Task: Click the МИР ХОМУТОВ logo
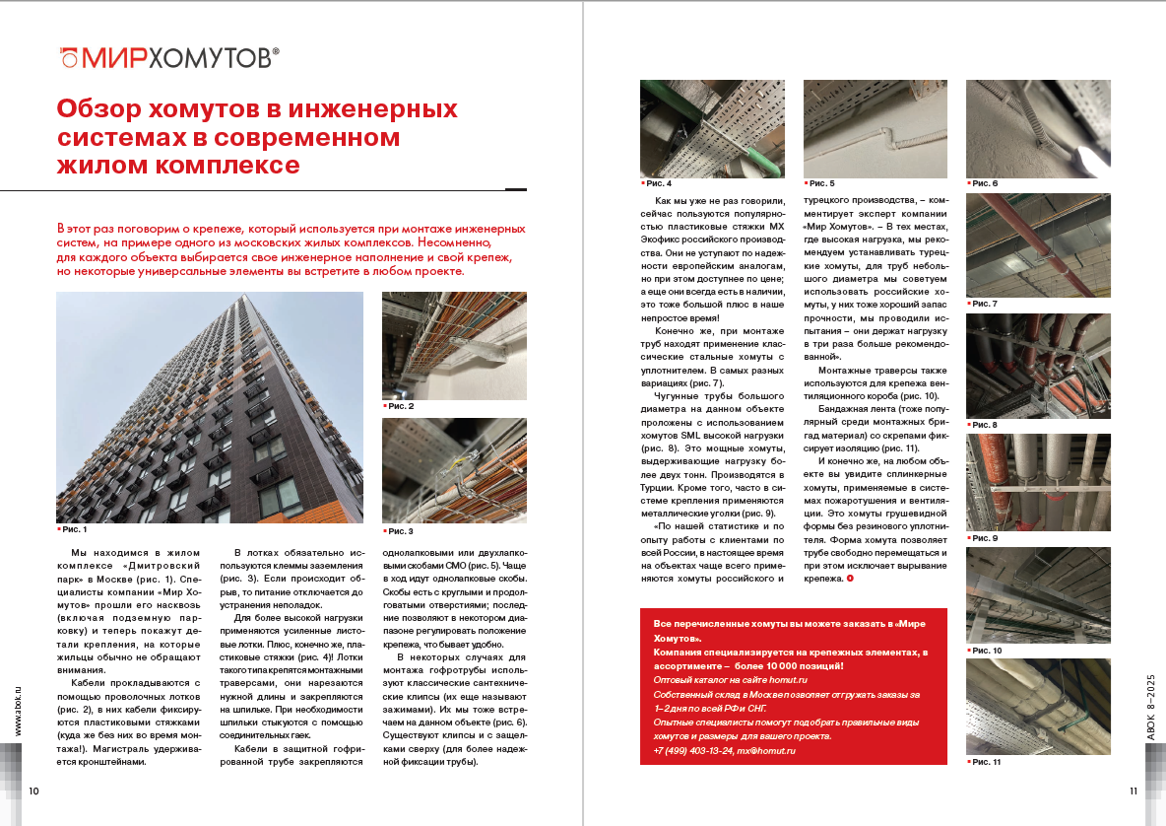coord(168,58)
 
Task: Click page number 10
coord(33,792)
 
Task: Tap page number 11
coord(1133,792)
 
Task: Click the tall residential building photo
coord(210,406)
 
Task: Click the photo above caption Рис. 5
coord(875,128)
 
